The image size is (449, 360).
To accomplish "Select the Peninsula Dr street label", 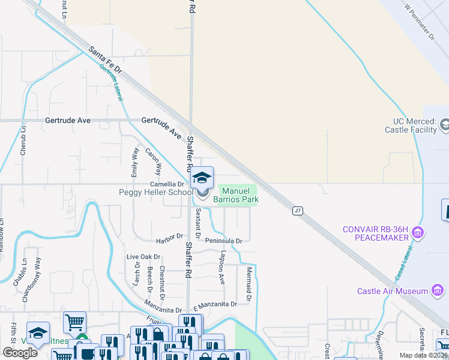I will tap(223, 241).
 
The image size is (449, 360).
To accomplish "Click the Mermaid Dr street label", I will tap(247, 285).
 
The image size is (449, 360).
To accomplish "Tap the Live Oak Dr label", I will tap(142, 257).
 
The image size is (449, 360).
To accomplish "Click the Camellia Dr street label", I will tap(166, 184).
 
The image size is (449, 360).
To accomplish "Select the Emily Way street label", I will tap(134, 162).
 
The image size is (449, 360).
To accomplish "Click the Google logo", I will tap(20, 353).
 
